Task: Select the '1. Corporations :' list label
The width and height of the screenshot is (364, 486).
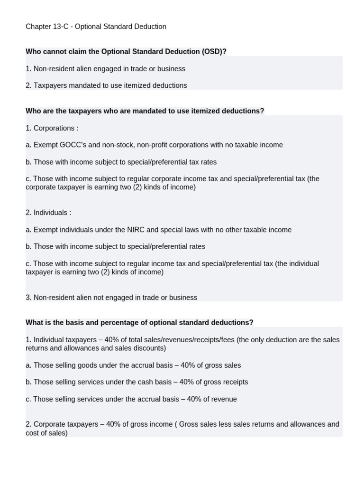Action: pyautogui.click(x=52, y=128)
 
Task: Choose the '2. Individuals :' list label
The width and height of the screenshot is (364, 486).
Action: pyautogui.click(x=48, y=213)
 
